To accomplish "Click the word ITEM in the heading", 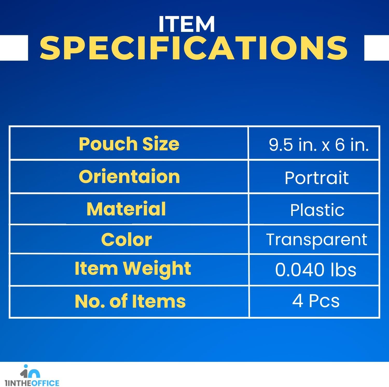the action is [187, 24].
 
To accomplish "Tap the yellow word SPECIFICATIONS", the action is [194, 48].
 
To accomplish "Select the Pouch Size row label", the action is [129, 144].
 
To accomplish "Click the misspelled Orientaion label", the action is [129, 177].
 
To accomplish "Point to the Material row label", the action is [126, 209].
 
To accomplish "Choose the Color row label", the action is [126, 240].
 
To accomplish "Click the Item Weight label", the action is [133, 269].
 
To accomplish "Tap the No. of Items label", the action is [130, 301].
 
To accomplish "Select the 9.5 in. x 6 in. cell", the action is [319, 144].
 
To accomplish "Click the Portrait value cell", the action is [317, 178].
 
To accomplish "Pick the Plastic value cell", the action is [317, 210].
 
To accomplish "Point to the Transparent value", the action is [317, 240].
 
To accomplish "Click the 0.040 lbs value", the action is [316, 270].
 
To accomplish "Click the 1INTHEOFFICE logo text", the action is [32, 383].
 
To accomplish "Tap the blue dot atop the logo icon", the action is [26, 366].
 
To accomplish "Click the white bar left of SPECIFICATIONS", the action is [14, 48].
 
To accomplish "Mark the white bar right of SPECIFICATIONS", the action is [377, 48].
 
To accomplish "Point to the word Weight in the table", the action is [157, 270].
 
